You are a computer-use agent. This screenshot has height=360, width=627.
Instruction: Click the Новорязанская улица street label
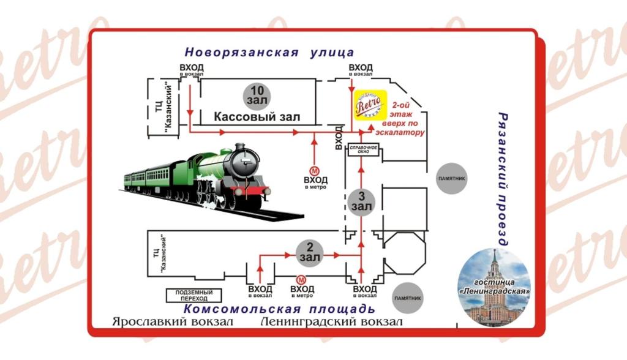tap(269, 52)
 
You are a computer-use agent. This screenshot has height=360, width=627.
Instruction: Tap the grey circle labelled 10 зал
tap(255, 94)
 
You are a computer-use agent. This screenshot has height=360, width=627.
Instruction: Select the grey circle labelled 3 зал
tap(361, 201)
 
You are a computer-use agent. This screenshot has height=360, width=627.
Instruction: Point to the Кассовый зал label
tap(257, 117)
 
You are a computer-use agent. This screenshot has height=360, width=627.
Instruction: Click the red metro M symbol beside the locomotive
tap(315, 170)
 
